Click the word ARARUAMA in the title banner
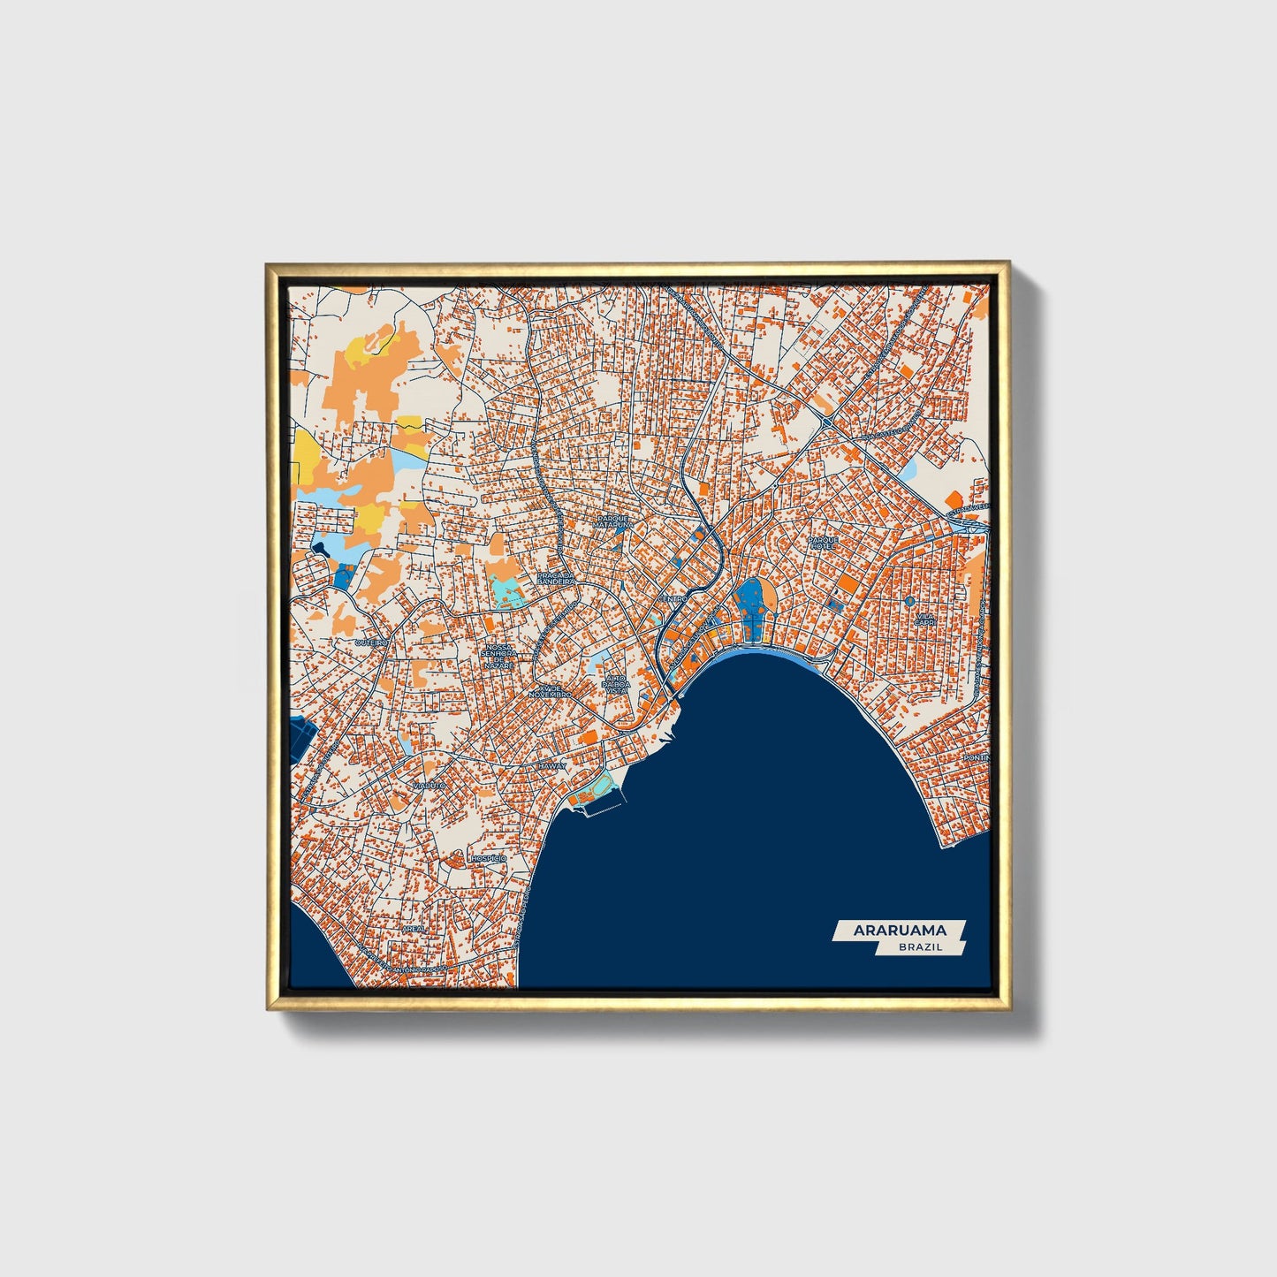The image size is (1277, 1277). tap(899, 930)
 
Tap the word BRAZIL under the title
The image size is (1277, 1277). tap(920, 946)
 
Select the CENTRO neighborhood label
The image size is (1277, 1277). tap(672, 599)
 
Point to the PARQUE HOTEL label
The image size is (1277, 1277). tap(823, 542)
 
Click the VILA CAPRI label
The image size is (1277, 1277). tap(924, 619)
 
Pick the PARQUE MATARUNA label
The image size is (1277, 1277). tap(613, 521)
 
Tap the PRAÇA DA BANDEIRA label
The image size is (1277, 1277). tap(556, 579)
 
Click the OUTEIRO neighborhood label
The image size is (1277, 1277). tap(371, 642)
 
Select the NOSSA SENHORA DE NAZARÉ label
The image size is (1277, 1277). tap(499, 656)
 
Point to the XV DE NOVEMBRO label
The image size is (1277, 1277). tap(550, 691)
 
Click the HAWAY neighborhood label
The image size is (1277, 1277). tap(551, 766)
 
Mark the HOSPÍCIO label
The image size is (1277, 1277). tap(489, 858)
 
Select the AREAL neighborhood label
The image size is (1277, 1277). tap(414, 930)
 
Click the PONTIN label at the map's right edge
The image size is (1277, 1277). tap(976, 758)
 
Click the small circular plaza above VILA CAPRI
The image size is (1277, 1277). tap(909, 601)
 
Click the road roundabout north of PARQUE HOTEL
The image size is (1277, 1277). tap(825, 423)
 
